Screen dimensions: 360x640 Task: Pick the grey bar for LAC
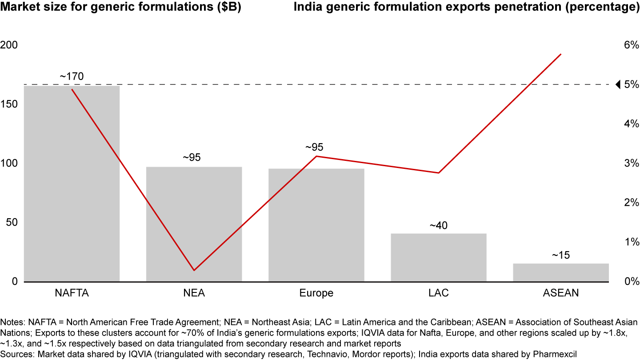pyautogui.click(x=438, y=257)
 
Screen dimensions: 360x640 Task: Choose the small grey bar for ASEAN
pyautogui.click(x=560, y=272)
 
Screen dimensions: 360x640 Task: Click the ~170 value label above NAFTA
pyautogui.click(x=72, y=76)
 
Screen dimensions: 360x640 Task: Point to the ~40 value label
pyautogui.click(x=438, y=225)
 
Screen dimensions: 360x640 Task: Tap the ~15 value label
pyautogui.click(x=560, y=256)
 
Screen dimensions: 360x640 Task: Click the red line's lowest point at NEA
pyautogui.click(x=194, y=270)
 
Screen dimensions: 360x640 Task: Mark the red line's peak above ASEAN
pyautogui.click(x=561, y=54)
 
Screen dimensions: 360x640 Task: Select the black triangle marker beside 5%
pyautogui.click(x=617, y=84)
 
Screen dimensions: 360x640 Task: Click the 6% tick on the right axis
pyautogui.click(x=631, y=45)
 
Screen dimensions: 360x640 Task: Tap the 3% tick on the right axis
pyautogui.click(x=631, y=163)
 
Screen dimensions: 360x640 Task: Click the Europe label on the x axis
pyautogui.click(x=316, y=293)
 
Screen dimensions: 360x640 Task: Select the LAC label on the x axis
pyautogui.click(x=438, y=293)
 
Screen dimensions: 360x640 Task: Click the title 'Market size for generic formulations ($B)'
pyautogui.click(x=121, y=8)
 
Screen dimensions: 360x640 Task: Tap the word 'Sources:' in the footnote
pyautogui.click(x=15, y=354)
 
